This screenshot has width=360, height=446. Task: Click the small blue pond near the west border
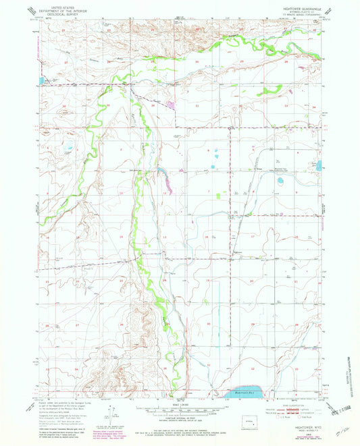coord(41,80)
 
